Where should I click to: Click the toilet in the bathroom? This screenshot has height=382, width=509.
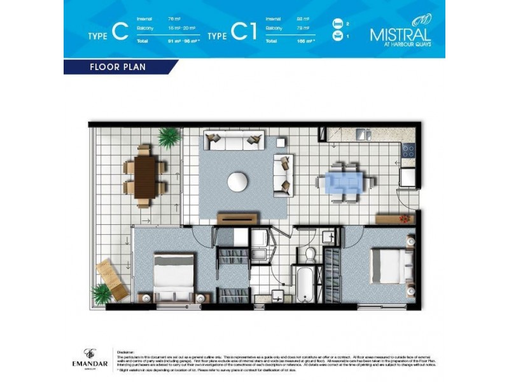click(x=310, y=254)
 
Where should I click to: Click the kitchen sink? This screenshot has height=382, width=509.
click(x=363, y=134)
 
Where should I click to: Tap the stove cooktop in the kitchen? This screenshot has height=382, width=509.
click(x=408, y=150)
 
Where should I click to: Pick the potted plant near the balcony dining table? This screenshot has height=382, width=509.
click(x=169, y=136)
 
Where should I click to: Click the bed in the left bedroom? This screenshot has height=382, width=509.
click(x=174, y=274)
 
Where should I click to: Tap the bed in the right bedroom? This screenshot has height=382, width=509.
click(x=388, y=265)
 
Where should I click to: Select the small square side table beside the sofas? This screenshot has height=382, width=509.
click(x=281, y=142)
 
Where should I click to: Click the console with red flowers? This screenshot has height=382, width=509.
click(x=394, y=218)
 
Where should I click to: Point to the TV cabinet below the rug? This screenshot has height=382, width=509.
click(x=237, y=219)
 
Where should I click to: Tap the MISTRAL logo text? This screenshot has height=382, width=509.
click(x=400, y=34)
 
